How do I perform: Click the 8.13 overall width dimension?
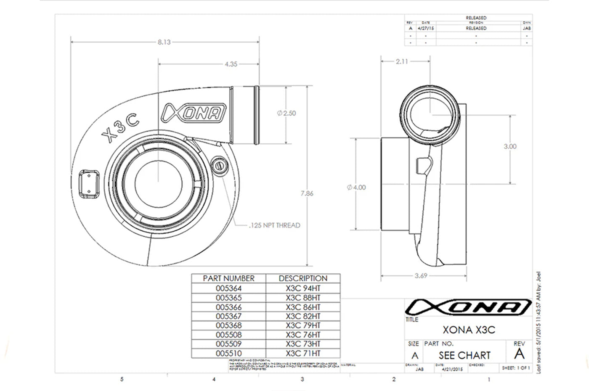coord(164,42)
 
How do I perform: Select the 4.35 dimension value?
coord(231,64)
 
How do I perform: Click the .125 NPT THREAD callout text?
coord(274,225)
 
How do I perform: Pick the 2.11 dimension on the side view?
coord(402,61)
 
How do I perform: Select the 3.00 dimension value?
coord(510,146)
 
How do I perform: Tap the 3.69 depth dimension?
coord(421,276)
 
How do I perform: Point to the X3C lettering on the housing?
coord(121,127)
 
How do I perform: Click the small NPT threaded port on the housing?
coord(219,165)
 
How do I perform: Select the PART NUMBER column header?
coord(228,278)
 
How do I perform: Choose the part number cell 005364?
coord(228,288)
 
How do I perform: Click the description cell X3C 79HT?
coord(303,325)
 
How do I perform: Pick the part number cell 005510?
coord(228,354)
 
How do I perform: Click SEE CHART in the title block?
coord(464,355)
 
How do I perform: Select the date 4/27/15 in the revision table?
coord(425,28)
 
